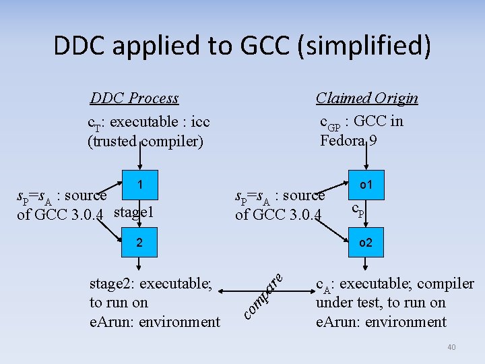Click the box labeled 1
139,184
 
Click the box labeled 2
139,242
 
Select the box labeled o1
366,184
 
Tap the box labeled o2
366,242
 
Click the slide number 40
451,347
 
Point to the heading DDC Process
134,98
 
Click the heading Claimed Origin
366,98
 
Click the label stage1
135,214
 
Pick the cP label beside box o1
358,210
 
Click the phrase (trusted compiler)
145,142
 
